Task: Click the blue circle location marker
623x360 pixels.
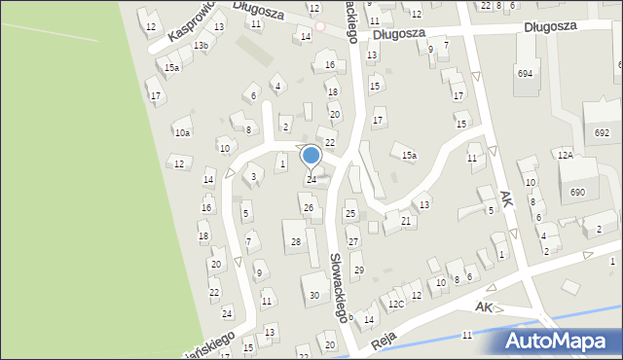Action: click(311, 156)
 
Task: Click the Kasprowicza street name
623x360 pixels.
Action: click(190, 22)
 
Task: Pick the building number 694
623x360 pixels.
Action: click(525, 74)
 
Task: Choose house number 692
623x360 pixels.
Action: click(602, 132)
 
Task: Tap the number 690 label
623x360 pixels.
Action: click(577, 193)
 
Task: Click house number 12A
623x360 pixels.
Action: click(566, 155)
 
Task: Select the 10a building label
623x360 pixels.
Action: click(182, 132)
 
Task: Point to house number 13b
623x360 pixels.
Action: click(201, 46)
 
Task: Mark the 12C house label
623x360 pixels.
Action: click(396, 305)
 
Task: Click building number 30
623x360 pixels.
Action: click(313, 295)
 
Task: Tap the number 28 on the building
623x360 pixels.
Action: click(296, 240)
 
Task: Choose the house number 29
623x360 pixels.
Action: click(358, 270)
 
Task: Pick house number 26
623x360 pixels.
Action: click(309, 208)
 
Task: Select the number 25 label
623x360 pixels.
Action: click(350, 213)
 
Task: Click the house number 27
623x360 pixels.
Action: click(353, 241)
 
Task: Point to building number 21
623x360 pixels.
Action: click(406, 221)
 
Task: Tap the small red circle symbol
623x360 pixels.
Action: click(318, 25)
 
